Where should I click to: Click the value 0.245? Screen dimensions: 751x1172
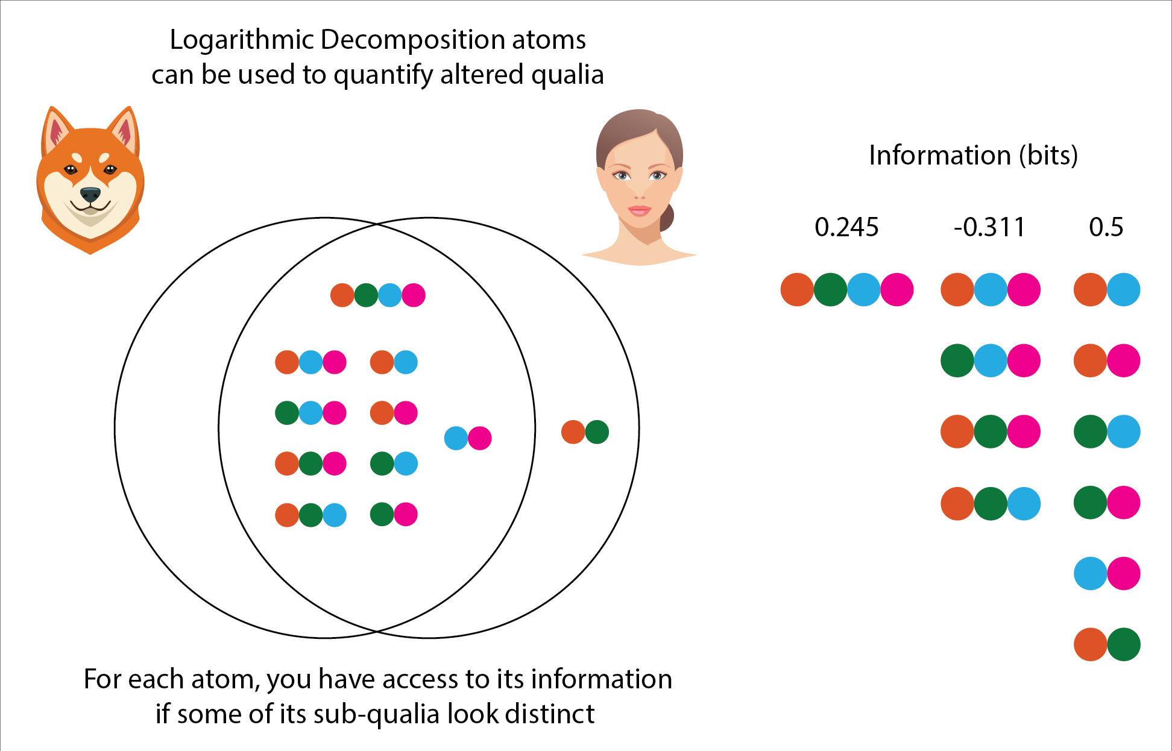(x=846, y=228)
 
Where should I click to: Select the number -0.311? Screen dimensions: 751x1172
(x=989, y=228)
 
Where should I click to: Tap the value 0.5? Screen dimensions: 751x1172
(x=1106, y=228)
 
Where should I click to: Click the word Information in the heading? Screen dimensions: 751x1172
(x=939, y=156)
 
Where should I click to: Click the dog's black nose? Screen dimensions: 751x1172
(x=90, y=194)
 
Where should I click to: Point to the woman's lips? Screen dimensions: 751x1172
(x=640, y=210)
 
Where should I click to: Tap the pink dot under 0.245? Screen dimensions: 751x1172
(x=896, y=290)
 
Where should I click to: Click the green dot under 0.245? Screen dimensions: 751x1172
(x=830, y=290)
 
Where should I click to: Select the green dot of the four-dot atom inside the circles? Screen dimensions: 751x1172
(x=366, y=295)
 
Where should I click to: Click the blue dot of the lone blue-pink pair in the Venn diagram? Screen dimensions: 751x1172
(x=456, y=438)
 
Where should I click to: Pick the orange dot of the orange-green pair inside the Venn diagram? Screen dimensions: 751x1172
(x=573, y=432)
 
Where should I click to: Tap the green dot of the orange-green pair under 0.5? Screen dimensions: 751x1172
(x=1124, y=644)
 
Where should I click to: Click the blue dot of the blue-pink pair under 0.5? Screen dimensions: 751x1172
(x=1090, y=573)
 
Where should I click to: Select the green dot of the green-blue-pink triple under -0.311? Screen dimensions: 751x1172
(x=957, y=361)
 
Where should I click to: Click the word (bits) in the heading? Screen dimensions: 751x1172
(x=1048, y=156)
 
